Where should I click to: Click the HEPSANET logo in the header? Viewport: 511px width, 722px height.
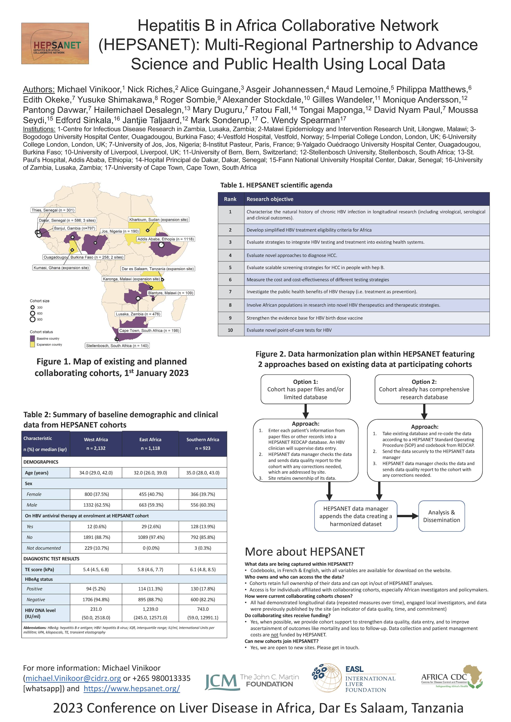(x=55, y=43)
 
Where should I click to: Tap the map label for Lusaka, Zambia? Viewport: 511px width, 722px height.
(x=138, y=314)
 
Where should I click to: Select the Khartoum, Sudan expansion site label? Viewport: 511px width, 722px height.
(x=159, y=220)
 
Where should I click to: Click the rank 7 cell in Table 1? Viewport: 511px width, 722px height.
(x=230, y=292)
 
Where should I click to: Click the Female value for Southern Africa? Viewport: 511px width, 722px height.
(x=203, y=494)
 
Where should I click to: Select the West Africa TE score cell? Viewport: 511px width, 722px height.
(x=96, y=569)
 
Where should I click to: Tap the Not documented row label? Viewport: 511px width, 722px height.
(x=44, y=548)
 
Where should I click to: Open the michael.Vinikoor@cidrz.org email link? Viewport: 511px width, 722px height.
(x=73, y=679)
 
